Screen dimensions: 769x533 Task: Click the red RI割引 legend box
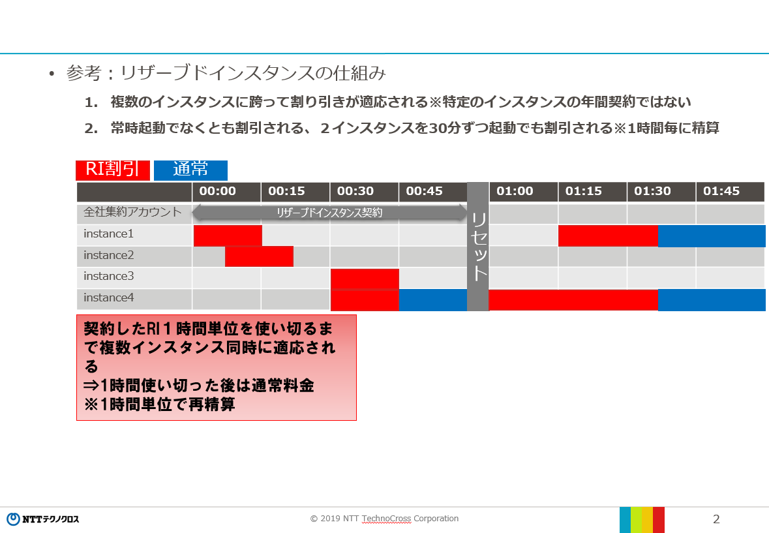click(x=113, y=170)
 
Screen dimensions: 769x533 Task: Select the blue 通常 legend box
click(x=190, y=170)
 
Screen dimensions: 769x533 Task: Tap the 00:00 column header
click(x=226, y=192)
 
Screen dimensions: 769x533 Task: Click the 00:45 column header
click(x=433, y=192)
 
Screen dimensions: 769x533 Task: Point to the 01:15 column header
click(x=592, y=192)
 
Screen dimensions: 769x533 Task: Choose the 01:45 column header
click(x=731, y=192)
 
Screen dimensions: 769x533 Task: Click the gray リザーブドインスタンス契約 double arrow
click(x=329, y=212)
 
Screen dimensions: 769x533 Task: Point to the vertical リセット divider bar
click(x=478, y=247)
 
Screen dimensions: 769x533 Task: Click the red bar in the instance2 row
click(x=260, y=256)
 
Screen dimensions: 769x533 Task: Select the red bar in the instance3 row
click(x=365, y=279)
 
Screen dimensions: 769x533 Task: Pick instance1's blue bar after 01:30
click(x=712, y=236)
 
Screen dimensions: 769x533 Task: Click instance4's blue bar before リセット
click(x=433, y=299)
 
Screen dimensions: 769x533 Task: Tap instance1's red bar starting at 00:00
click(x=228, y=236)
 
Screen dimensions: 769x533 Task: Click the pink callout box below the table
click(x=217, y=368)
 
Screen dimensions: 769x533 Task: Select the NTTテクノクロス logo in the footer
click(x=42, y=519)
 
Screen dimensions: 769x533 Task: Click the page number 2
click(x=716, y=519)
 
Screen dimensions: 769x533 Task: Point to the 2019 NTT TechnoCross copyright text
click(x=385, y=519)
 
